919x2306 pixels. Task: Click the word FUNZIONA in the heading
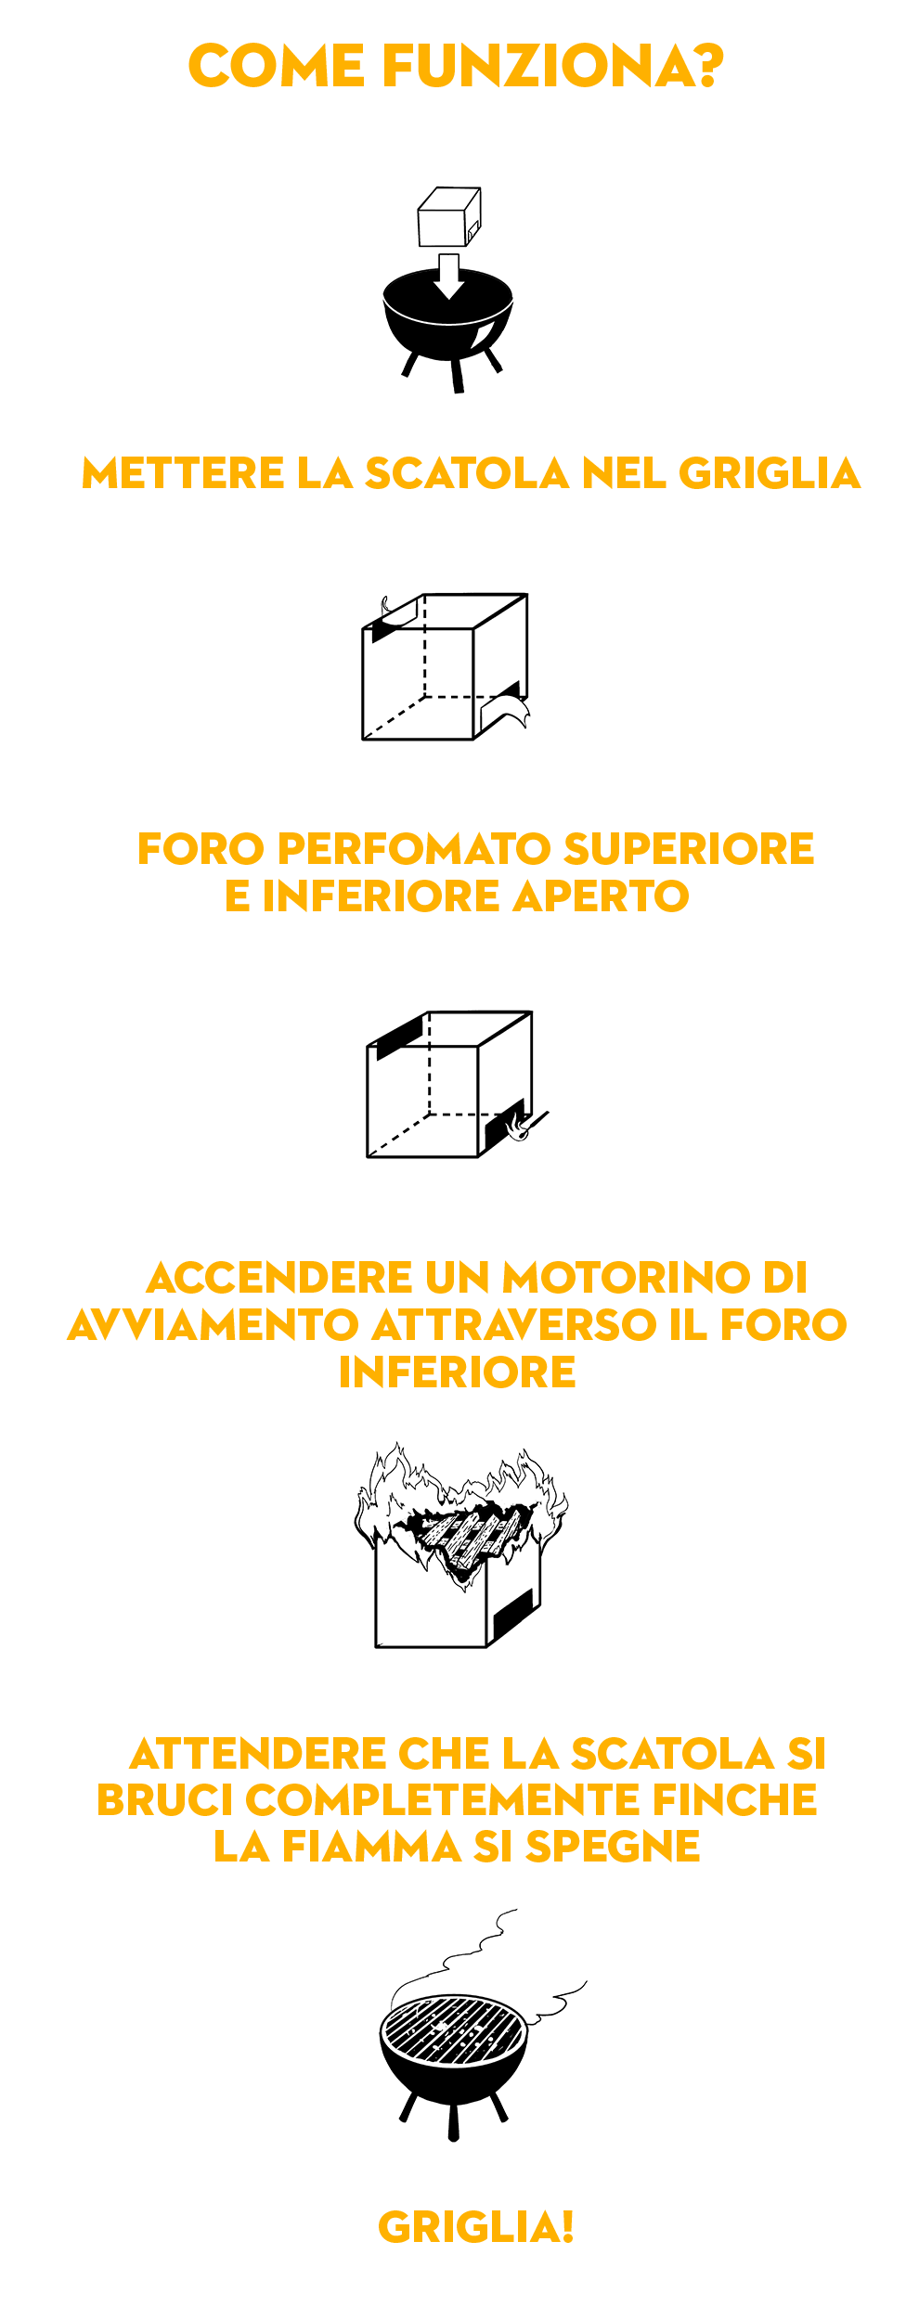(x=537, y=67)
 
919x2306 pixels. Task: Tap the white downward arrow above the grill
(x=449, y=276)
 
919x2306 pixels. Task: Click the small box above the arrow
(x=449, y=217)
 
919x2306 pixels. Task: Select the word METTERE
(x=183, y=473)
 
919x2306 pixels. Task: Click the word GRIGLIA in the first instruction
(x=770, y=473)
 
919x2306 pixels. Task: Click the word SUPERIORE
(x=689, y=849)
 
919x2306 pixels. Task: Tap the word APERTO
(x=602, y=896)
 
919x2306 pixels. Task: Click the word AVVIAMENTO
(x=214, y=1325)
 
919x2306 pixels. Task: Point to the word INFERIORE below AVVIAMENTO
(x=458, y=1372)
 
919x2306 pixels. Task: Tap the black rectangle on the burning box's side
(x=512, y=1615)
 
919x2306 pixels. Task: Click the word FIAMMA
(x=371, y=1847)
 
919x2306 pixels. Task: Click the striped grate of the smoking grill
(x=454, y=2030)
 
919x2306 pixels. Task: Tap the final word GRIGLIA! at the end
(x=476, y=2227)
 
